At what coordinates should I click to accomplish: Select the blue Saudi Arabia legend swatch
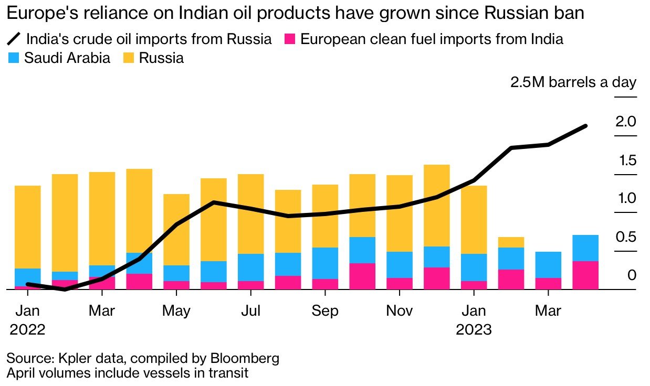[14, 58]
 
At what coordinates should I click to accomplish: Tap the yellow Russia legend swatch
[128, 58]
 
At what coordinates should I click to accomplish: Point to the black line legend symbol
[14, 38]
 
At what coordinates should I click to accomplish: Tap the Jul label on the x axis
[251, 310]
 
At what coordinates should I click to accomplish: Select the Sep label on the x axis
[325, 310]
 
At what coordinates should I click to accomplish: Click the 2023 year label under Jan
[474, 330]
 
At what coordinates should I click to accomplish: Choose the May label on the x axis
[176, 310]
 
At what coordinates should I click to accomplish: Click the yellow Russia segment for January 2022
[28, 227]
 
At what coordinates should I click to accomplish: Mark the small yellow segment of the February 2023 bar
[511, 242]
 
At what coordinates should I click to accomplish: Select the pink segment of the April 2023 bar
[585, 275]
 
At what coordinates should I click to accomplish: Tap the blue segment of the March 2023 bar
[548, 264]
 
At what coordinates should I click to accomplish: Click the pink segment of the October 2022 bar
[362, 276]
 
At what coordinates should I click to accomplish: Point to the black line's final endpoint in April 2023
[585, 126]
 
